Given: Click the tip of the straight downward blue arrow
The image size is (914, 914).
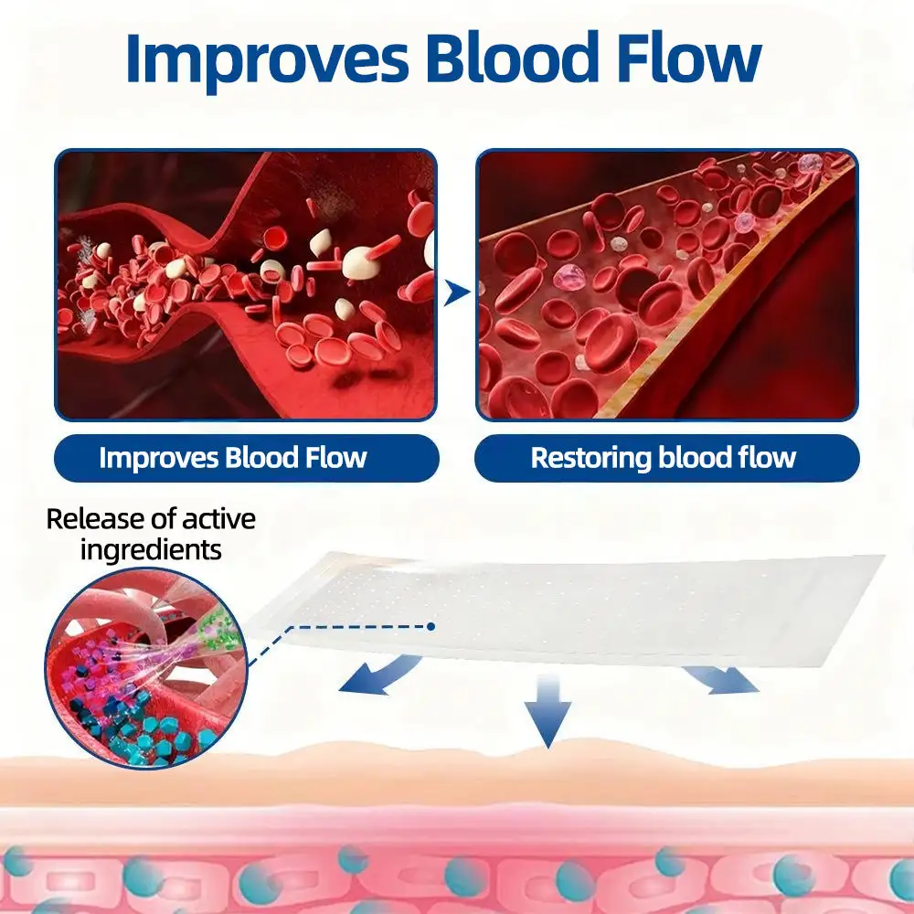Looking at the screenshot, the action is coord(548,748).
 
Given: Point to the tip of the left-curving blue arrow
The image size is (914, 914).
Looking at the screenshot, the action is coord(340,690).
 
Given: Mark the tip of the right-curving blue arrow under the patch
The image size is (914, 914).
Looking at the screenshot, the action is coord(759,690).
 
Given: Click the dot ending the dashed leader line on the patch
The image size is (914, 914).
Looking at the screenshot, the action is coord(430,627).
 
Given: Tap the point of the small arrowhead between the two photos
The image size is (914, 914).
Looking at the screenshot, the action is coord(470,292).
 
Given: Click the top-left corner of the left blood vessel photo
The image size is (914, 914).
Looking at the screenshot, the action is coord(56,151).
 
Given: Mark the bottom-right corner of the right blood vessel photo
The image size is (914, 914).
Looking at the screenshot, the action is coord(857,420).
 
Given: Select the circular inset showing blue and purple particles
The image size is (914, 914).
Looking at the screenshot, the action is coord(146,668).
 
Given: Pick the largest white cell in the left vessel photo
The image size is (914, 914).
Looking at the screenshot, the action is coord(359,262).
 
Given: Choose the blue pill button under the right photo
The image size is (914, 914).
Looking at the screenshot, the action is coord(667,458).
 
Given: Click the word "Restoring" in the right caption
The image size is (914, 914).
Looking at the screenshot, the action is coord(590,458).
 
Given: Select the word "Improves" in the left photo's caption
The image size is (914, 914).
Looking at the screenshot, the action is coord(158,458).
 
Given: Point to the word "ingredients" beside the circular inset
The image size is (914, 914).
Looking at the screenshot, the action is coord(151,549).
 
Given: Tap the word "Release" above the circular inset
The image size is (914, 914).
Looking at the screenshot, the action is coord(96,519).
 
